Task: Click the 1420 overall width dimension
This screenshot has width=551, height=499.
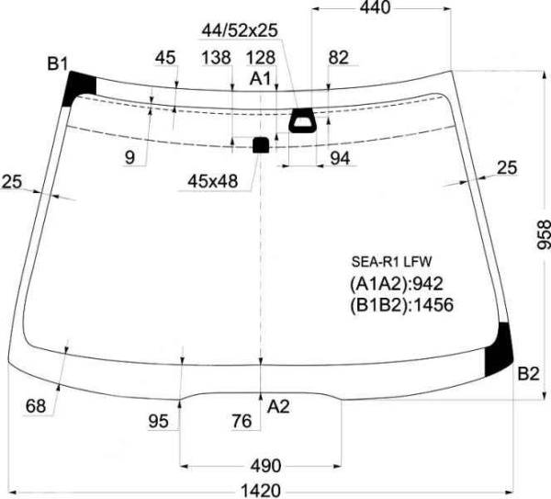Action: coord(261,490)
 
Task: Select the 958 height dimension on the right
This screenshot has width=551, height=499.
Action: coord(544,234)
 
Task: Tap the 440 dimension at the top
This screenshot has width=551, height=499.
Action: coord(375,7)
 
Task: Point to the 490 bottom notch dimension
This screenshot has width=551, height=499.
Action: coord(265,466)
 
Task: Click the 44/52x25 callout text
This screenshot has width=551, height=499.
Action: coord(240,30)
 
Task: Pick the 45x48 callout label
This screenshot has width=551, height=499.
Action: coord(213,181)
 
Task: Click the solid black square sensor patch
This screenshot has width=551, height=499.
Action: coord(261,145)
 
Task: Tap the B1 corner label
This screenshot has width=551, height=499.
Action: coord(57,64)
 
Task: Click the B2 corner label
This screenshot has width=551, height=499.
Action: coord(528,373)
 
